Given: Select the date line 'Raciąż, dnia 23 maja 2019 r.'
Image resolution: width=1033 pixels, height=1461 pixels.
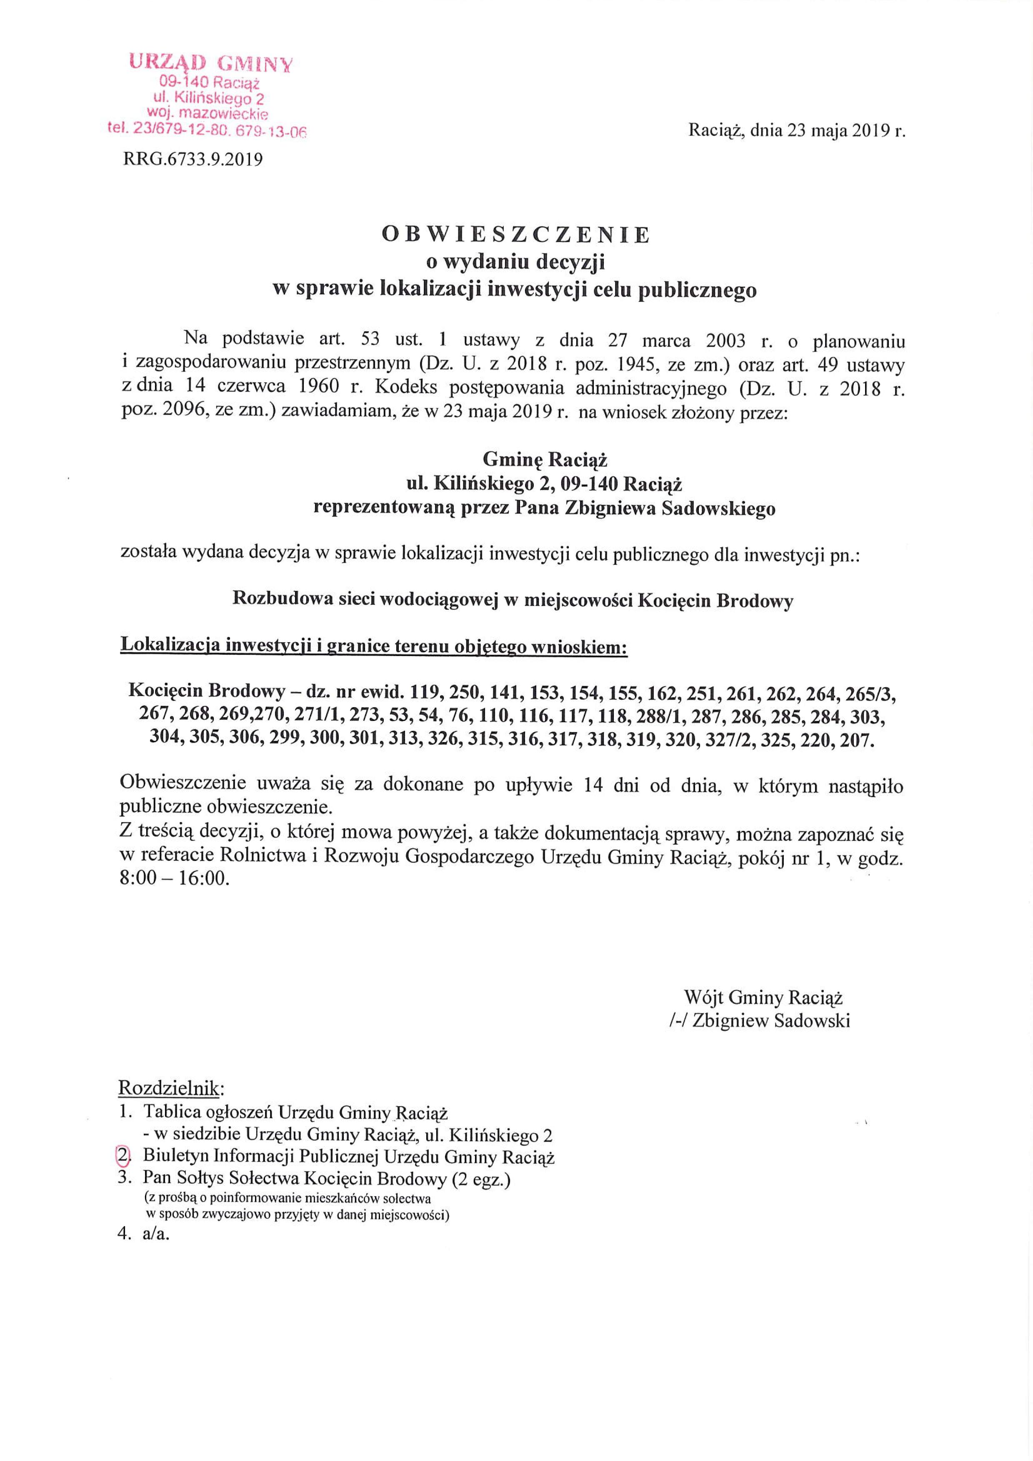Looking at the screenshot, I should [796, 132].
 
